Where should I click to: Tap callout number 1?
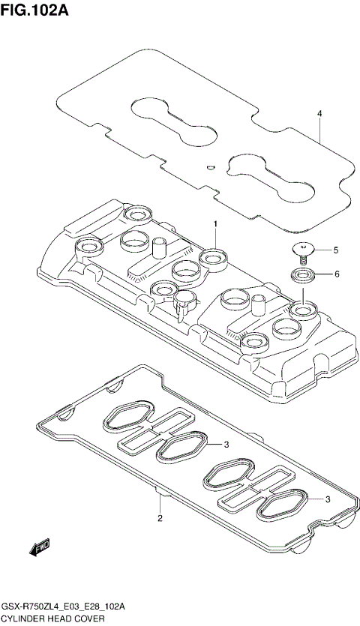click(214, 224)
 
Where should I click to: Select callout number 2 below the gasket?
click(160, 519)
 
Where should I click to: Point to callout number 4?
click(319, 114)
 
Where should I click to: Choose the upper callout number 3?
click(226, 445)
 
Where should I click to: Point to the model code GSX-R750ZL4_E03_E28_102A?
click(63, 606)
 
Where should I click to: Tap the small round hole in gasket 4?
click(211, 166)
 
